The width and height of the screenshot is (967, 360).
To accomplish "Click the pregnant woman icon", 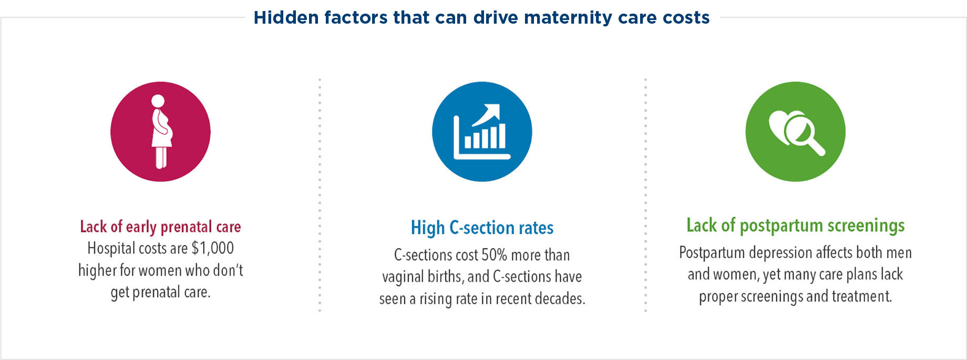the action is click(x=161, y=131).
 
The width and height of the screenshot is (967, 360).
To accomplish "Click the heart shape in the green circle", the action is click(x=783, y=126).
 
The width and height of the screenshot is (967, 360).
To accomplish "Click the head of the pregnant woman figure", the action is click(x=158, y=101).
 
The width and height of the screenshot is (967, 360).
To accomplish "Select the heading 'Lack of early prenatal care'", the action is click(x=160, y=227).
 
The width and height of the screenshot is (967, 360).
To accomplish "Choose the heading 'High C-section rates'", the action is click(x=482, y=228).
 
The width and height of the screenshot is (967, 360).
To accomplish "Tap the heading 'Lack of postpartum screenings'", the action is click(x=796, y=225).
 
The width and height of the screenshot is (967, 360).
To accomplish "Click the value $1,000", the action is click(x=213, y=248).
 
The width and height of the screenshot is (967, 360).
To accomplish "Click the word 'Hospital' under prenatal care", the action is click(x=111, y=249).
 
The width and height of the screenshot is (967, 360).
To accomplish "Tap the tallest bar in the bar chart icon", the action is click(x=501, y=136).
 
